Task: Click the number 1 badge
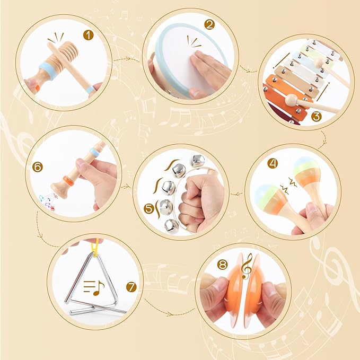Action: tap(89, 35)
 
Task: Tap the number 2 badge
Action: tap(209, 24)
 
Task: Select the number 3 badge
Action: tap(316, 117)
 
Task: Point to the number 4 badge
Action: tap(273, 163)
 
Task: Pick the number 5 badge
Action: tap(149, 208)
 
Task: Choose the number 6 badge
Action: tap(38, 167)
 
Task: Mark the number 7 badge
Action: tap(131, 287)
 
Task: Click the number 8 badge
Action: tap(222, 265)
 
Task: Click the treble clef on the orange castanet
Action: tap(247, 267)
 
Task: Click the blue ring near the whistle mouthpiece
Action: tap(94, 152)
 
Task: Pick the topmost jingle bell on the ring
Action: tap(198, 161)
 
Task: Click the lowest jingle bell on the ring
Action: tap(171, 226)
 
